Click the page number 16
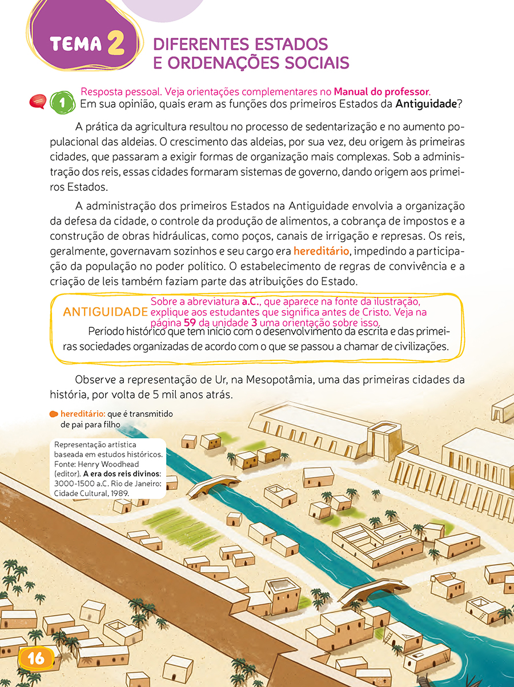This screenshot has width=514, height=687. pos(36,657)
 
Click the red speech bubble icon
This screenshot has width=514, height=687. pos(38,102)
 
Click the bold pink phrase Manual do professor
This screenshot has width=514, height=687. pos(381,92)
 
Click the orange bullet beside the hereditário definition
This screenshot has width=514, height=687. pos(53,413)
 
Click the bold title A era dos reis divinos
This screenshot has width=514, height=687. pos(122,473)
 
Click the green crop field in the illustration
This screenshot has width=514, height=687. pos(174,524)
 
